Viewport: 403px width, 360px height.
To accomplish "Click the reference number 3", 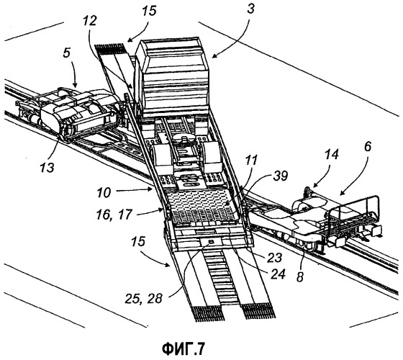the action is tap(250, 9).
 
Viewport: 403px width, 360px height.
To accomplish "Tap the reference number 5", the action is tap(67, 53).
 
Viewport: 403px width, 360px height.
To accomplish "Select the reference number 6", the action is tap(368, 147).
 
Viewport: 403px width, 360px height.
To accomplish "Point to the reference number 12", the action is tap(90, 21).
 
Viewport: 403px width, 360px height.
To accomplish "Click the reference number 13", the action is tap(47, 167).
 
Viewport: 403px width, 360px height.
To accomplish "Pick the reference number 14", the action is tap(332, 155).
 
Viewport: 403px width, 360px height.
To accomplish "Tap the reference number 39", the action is tap(280, 176).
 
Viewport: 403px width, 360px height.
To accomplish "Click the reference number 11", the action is tap(251, 160).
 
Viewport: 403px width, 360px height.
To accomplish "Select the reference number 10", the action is tap(104, 192).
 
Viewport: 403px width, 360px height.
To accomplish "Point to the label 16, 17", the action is tap(114, 215).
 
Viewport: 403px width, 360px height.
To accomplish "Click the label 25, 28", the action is tap(144, 298).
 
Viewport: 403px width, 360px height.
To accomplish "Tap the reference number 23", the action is tap(275, 258).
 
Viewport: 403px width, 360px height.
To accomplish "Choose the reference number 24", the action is tap(278, 274).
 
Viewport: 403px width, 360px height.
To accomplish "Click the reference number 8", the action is tap(300, 276).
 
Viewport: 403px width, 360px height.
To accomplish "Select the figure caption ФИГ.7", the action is tap(184, 348).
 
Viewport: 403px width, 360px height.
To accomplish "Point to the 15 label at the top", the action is tap(150, 11).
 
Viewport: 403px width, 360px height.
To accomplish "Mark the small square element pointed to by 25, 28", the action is tap(212, 241).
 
